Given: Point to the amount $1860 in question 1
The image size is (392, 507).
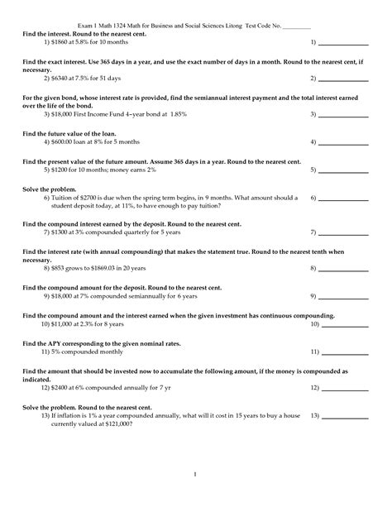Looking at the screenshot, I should pyautogui.click(x=59, y=40).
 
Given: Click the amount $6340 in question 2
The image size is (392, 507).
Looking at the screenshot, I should pyautogui.click(x=59, y=78).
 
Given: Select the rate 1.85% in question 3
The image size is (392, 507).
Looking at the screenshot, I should pyautogui.click(x=170, y=116).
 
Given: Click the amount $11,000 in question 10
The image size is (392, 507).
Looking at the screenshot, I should pyautogui.click(x=65, y=325).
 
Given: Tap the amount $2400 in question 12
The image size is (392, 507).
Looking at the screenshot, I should pyautogui.click(x=59, y=386).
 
